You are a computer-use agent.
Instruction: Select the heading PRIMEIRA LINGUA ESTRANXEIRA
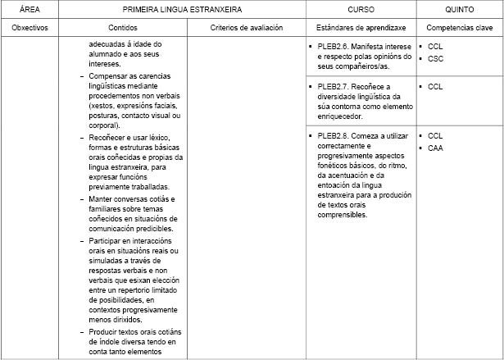pos(184,9)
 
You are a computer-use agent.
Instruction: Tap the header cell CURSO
pos(362,9)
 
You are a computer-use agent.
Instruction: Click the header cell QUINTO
pos(458,9)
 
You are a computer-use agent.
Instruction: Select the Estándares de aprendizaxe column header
pos(362,27)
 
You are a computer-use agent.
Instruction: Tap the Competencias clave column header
pos(458,27)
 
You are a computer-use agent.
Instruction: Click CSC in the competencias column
pos(435,59)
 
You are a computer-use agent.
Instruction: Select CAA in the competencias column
pos(435,148)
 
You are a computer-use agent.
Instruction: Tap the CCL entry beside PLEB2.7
pos(435,86)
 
